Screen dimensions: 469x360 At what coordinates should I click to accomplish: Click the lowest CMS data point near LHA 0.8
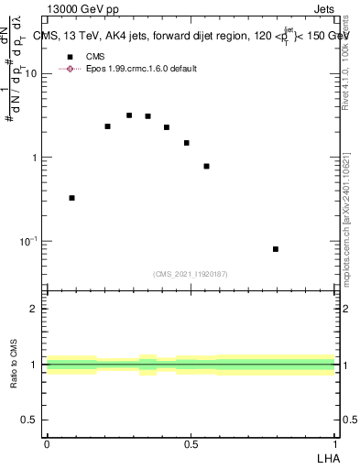(276, 249)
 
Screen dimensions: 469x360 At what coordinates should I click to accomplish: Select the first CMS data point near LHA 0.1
(72, 198)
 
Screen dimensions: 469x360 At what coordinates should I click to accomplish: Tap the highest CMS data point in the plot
(129, 115)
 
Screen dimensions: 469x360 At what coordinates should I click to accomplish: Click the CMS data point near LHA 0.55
(207, 167)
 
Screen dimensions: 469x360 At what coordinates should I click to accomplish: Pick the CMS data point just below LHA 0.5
(187, 143)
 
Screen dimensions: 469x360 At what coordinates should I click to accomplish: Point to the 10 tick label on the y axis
(31, 74)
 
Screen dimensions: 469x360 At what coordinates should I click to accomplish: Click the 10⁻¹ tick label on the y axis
(27, 241)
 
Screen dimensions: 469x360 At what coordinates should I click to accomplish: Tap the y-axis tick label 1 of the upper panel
(36, 158)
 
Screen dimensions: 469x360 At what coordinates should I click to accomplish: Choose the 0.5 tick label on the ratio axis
(30, 420)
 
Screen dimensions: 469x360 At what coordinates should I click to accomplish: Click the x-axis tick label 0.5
(191, 444)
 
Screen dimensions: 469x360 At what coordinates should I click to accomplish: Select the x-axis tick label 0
(47, 444)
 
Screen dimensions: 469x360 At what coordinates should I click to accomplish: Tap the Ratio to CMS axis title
(15, 365)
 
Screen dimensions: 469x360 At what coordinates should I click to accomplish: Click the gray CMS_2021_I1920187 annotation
(190, 274)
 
